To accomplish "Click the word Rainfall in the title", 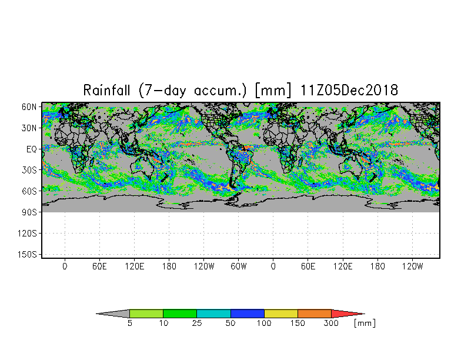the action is pos(106,90).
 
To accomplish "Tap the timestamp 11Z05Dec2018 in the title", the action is pos(349,90).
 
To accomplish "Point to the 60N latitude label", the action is pos(29,107).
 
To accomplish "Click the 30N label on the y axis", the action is pos(29,128).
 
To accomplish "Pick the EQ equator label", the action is pos(32,149).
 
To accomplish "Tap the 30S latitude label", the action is pos(29,171).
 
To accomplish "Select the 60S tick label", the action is pos(29,192).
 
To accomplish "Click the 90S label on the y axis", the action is pos(29,212).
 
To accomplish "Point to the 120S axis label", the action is pos(27,234).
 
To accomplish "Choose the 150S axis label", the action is pos(27,255).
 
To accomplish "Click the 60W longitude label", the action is pos(239,266).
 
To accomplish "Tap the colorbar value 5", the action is pos(129,324).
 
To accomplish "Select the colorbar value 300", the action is pos(331,324).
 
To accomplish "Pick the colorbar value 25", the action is pos(196,324).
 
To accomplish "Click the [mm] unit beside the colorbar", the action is pos(365,324).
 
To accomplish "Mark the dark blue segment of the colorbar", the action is pos(247,314).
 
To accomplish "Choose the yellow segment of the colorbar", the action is pos(281,314).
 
